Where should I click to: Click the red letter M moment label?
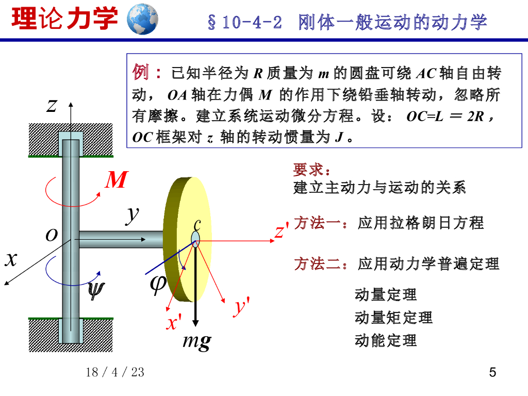tap(116, 180)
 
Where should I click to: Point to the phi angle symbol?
tap(158, 283)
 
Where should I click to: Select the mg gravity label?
tap(196, 341)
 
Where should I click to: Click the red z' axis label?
tap(281, 232)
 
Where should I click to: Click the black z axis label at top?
tap(51, 106)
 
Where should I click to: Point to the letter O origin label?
tap(51, 236)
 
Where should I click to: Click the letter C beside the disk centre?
tap(197, 225)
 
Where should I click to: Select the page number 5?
tap(492, 372)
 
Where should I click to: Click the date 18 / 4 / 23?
tap(115, 372)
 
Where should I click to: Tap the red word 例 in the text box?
tap(141, 72)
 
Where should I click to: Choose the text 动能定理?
tap(386, 340)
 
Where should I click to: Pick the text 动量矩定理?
tap(393, 318)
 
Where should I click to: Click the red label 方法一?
tap(317, 223)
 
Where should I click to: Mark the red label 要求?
tap(309, 170)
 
